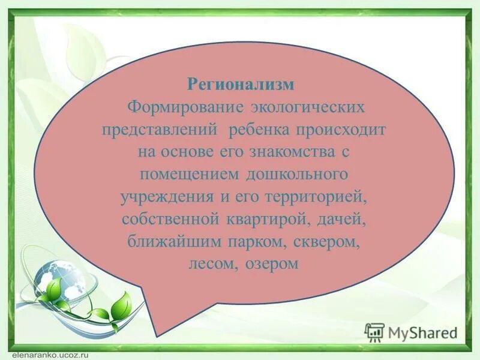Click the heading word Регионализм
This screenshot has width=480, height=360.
241,84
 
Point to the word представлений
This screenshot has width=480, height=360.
158,130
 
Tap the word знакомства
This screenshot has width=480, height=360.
286,152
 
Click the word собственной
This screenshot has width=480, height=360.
163,219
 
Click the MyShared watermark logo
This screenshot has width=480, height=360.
411,332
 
